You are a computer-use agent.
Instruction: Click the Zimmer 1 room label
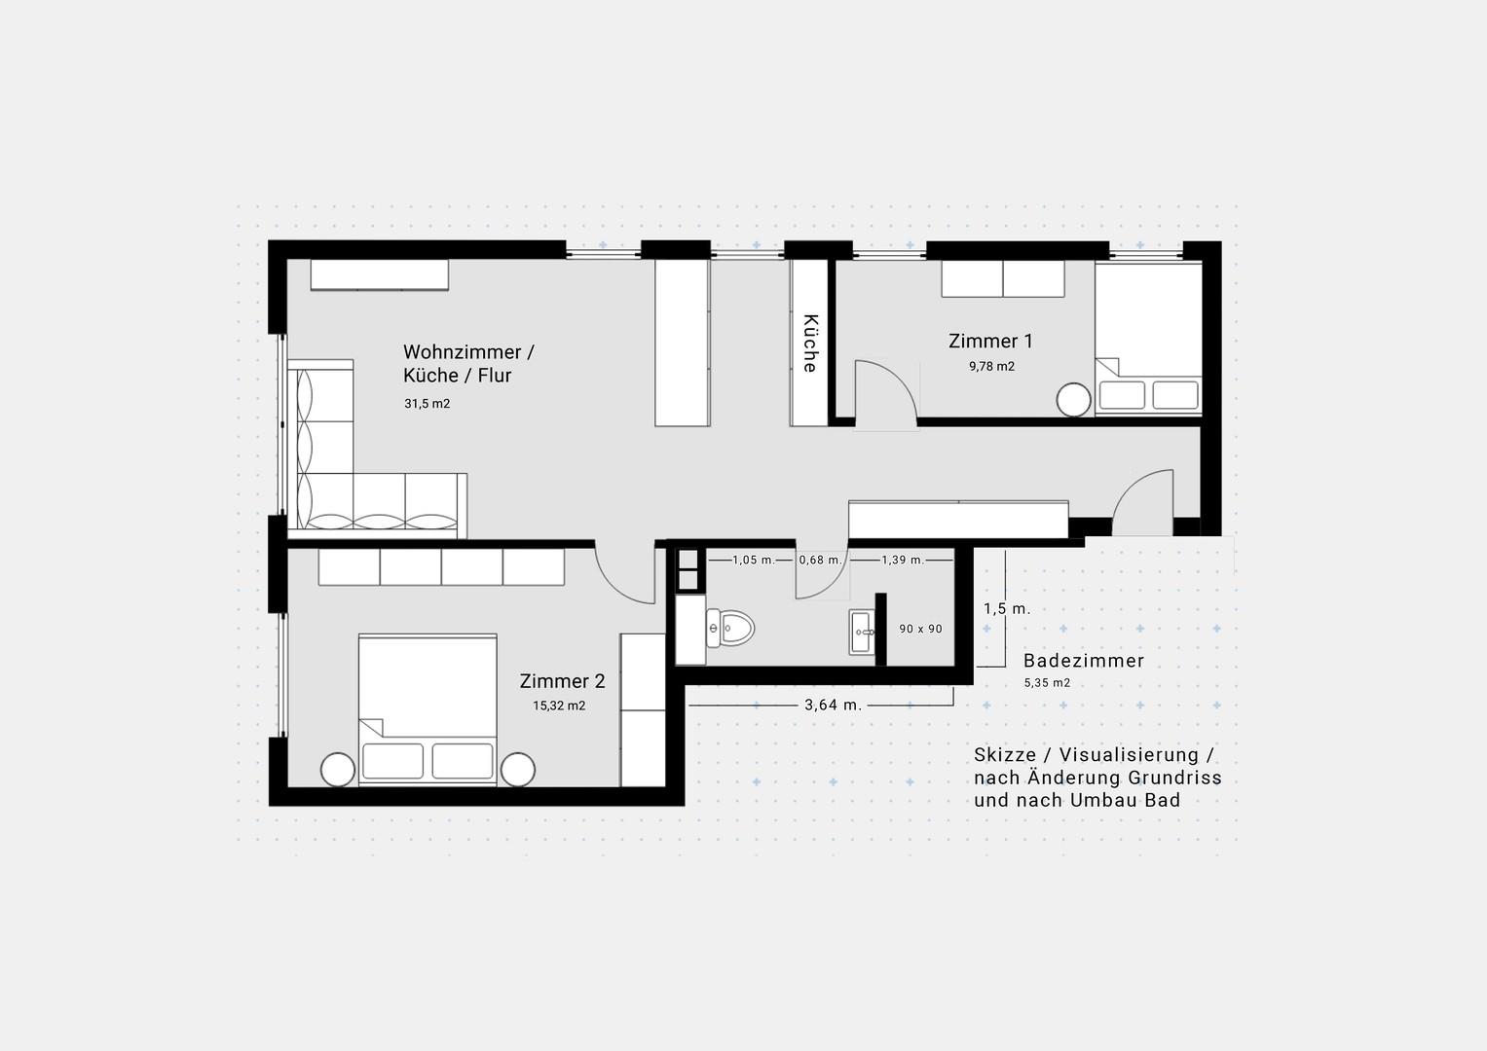click(x=990, y=341)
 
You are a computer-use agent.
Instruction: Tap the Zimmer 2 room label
click(x=562, y=681)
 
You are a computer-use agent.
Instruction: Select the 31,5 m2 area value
click(x=428, y=404)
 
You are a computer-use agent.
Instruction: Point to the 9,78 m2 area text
click(x=991, y=366)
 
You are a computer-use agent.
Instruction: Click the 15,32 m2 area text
click(x=559, y=706)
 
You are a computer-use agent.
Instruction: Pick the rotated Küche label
click(x=810, y=343)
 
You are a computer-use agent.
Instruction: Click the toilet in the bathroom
click(x=730, y=628)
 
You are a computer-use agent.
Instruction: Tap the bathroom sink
click(x=863, y=633)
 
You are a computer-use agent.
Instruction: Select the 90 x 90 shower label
click(x=921, y=629)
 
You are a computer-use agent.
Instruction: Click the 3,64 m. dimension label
click(x=834, y=706)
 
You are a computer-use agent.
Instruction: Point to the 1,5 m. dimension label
click(x=1007, y=609)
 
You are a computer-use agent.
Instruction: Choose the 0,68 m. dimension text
click(x=821, y=560)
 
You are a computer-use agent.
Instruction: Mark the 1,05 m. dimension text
click(x=754, y=560)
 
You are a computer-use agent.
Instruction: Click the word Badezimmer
click(x=1084, y=661)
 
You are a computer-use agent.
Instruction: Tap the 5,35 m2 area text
click(x=1048, y=683)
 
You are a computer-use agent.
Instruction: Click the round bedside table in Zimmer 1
click(x=1073, y=400)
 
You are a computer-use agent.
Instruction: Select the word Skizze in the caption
click(x=1005, y=755)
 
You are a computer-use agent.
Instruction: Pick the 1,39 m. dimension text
click(x=903, y=560)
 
